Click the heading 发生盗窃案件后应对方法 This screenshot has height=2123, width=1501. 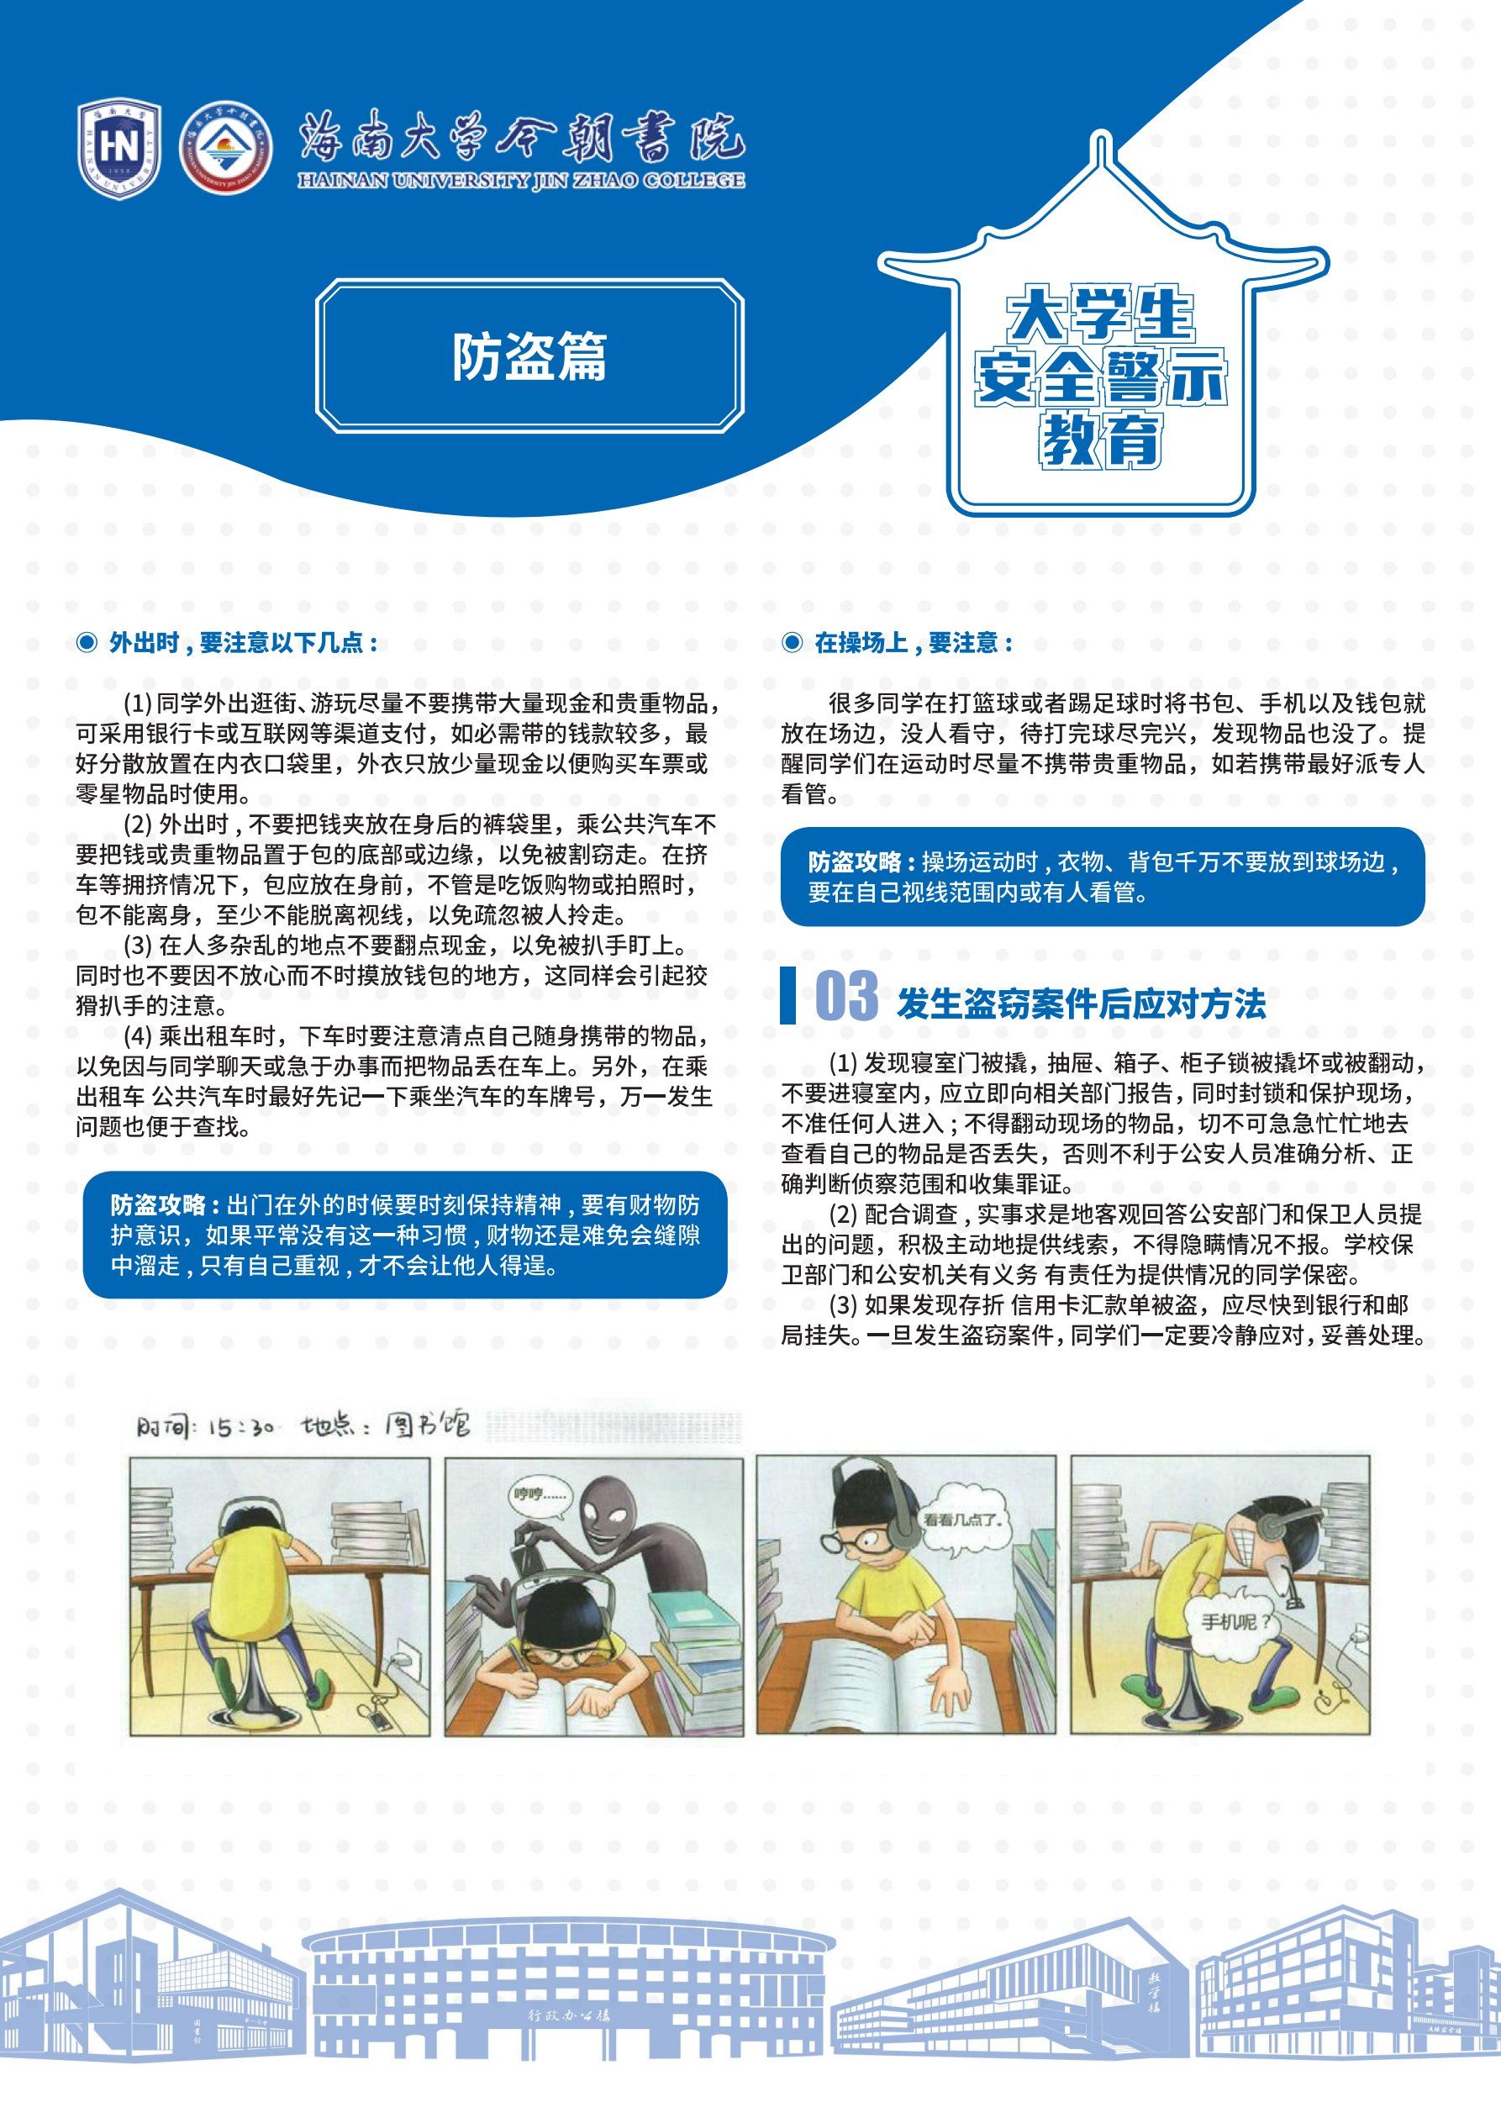pyautogui.click(x=1080, y=1004)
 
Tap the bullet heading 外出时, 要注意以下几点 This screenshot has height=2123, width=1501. pyautogui.click(x=243, y=644)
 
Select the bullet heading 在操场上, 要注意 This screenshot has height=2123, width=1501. pyautogui.click(x=912, y=644)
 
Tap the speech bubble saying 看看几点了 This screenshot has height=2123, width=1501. pyautogui.click(x=967, y=1520)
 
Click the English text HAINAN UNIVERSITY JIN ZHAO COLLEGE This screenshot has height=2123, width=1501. pyautogui.click(x=521, y=182)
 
